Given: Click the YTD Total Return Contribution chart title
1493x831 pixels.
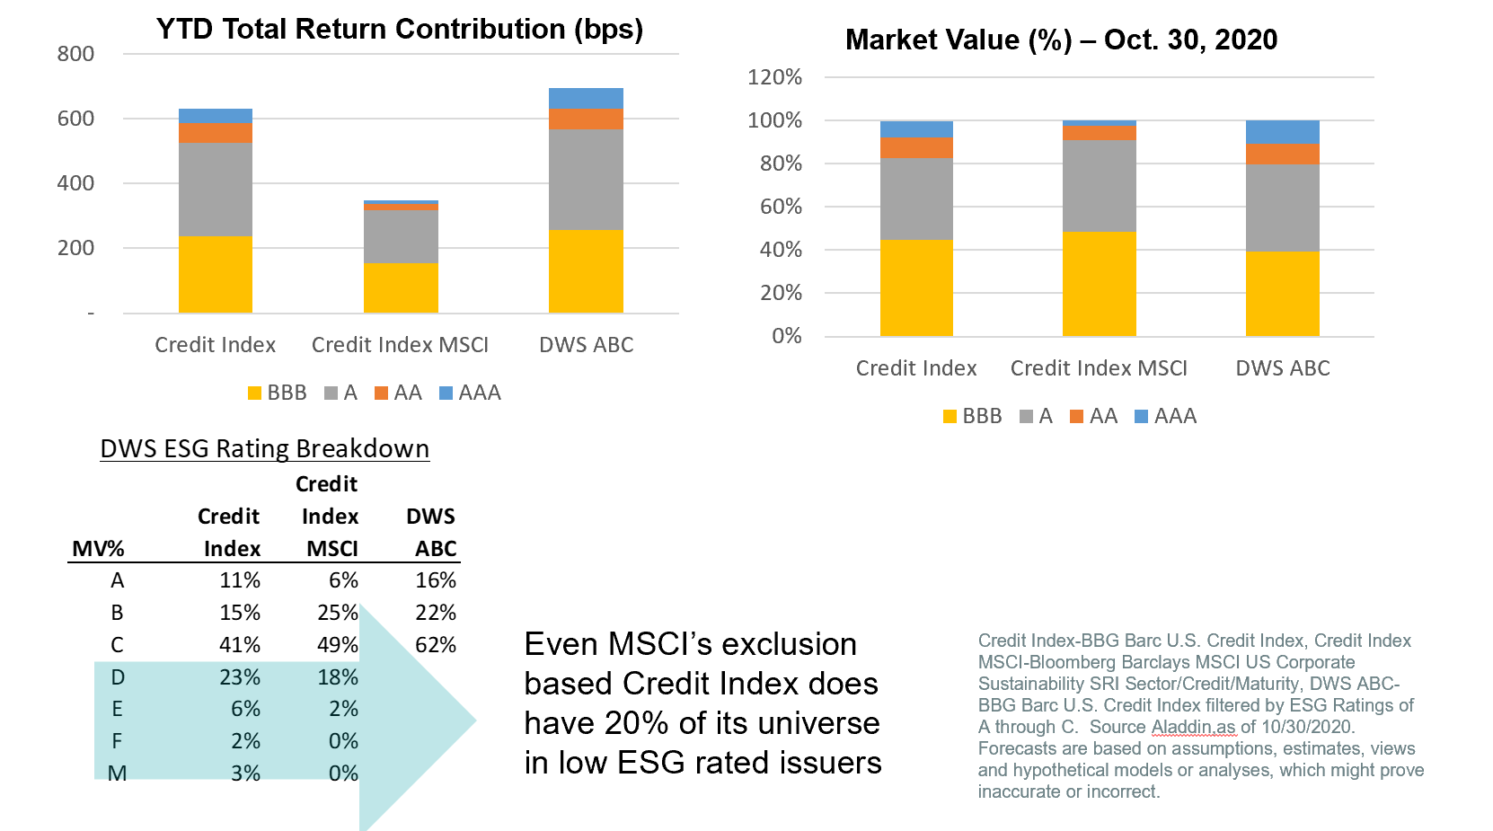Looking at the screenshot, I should pos(399,30).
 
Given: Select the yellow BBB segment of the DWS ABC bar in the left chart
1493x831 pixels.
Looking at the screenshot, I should pos(586,271).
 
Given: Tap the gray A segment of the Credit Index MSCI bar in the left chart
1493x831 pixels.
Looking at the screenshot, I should pos(401,236).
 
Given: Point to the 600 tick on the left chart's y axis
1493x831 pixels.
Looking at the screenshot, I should pos(75,119).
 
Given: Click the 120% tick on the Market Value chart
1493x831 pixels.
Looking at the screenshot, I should pos(774,77).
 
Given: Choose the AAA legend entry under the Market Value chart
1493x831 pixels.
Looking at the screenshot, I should pos(1166,416).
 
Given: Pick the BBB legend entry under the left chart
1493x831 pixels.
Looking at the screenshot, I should pos(278,393).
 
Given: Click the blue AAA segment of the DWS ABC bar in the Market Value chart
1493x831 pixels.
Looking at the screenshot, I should pos(1282,131).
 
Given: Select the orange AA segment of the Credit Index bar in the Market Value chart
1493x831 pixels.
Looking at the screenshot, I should pos(916,148).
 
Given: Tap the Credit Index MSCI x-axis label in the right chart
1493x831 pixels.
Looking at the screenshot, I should pos(1098,368).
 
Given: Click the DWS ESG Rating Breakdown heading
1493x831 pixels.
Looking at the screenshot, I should pos(264,448).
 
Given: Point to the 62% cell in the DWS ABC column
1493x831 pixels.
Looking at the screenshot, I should pos(436,645).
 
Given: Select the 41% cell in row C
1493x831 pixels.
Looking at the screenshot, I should pos(240,645).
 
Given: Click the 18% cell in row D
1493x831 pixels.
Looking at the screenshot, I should pos(338,677).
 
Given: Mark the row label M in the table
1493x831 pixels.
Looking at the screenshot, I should pos(117,774).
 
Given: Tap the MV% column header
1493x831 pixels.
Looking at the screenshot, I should pos(98,549).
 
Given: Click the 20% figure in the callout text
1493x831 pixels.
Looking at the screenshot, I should pos(637,723).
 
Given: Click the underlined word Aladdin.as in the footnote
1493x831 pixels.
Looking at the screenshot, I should pos(1193,727).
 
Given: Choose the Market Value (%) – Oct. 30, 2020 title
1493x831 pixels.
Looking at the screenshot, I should pos(1061,40).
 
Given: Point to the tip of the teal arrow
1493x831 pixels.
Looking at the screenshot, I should pos(473,720).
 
